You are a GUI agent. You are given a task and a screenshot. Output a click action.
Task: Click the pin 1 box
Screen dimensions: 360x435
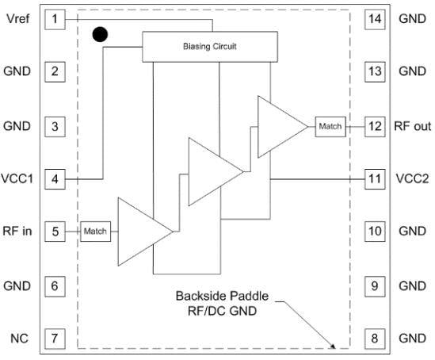(x=55, y=18)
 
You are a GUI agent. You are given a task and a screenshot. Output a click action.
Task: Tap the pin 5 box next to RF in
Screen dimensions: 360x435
(x=55, y=232)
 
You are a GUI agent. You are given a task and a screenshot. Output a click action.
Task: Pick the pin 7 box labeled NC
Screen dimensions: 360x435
(x=55, y=339)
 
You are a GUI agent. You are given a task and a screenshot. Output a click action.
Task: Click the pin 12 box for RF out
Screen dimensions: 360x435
(x=374, y=125)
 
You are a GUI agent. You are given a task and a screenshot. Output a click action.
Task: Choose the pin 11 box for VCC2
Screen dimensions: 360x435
(x=374, y=178)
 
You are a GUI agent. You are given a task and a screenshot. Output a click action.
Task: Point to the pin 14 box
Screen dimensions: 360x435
(x=374, y=18)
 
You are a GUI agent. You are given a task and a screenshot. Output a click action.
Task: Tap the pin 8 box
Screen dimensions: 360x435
(x=374, y=339)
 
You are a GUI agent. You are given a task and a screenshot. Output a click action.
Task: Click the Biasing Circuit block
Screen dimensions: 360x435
(x=211, y=47)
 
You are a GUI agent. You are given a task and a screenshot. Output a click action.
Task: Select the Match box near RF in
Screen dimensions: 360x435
(x=95, y=232)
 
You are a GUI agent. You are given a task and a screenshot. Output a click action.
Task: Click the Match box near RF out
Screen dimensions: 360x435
(x=329, y=126)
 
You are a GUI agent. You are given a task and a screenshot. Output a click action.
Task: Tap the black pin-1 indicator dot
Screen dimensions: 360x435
(x=100, y=34)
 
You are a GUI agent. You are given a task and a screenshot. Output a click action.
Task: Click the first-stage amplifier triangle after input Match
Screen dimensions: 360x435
(x=140, y=232)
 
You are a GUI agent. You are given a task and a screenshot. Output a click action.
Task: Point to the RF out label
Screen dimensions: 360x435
(x=411, y=126)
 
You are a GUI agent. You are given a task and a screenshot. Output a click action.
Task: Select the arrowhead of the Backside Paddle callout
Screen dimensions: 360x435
(x=334, y=346)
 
